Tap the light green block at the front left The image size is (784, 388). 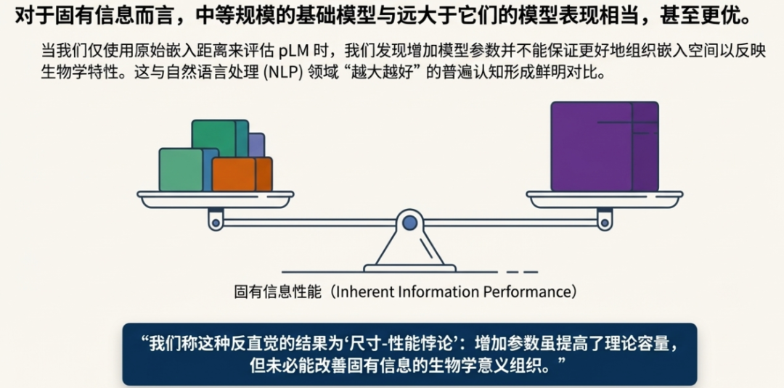(180, 170)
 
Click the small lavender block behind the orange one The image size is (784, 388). (256, 144)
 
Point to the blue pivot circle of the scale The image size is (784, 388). (409, 222)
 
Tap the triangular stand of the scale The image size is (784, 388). (409, 251)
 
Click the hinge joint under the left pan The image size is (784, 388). (216, 220)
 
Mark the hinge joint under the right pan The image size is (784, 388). (604, 220)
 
